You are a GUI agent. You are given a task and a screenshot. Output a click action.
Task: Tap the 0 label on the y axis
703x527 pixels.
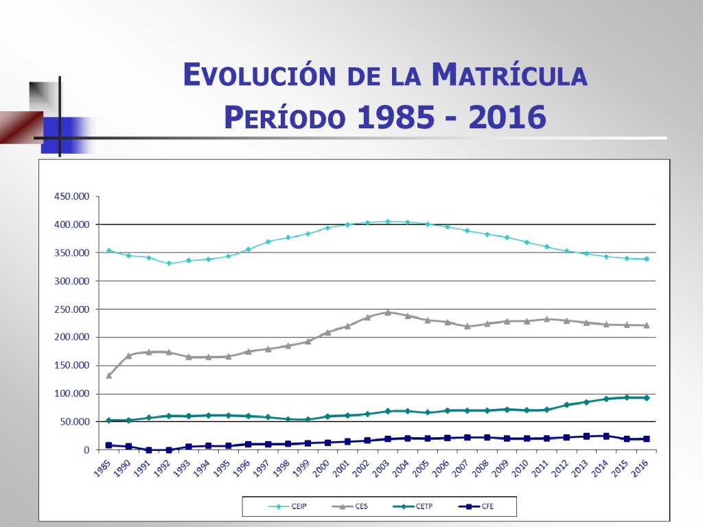click(x=87, y=450)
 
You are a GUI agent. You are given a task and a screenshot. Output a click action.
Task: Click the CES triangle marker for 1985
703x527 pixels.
click(x=108, y=375)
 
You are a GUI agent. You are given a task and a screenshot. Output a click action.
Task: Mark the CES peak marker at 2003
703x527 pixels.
click(x=387, y=312)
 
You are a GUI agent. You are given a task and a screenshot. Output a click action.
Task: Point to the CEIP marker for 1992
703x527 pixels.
click(x=168, y=263)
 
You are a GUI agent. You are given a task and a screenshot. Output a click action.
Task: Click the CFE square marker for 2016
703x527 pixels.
click(x=646, y=438)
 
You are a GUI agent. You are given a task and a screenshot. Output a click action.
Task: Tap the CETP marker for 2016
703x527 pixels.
click(x=646, y=397)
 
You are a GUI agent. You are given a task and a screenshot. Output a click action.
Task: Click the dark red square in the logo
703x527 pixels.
click(x=19, y=127)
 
